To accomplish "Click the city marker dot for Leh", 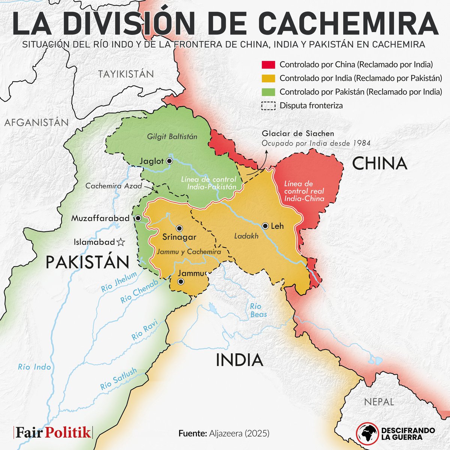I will click(265, 226).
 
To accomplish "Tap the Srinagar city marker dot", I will click(179, 228).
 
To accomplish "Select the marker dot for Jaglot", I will click(169, 161).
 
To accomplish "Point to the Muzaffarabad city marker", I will click(138, 218).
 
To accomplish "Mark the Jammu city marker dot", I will click(181, 282).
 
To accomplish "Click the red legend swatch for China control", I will click(268, 64).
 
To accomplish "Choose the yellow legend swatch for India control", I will click(268, 78).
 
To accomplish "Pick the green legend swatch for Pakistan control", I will click(268, 92).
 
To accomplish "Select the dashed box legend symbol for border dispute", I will click(268, 106).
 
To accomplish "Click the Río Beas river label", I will click(258, 310).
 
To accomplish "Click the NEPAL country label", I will click(379, 402).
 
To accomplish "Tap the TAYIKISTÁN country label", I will click(126, 74).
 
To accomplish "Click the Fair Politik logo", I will click(53, 432).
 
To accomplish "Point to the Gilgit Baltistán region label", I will click(172, 137).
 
